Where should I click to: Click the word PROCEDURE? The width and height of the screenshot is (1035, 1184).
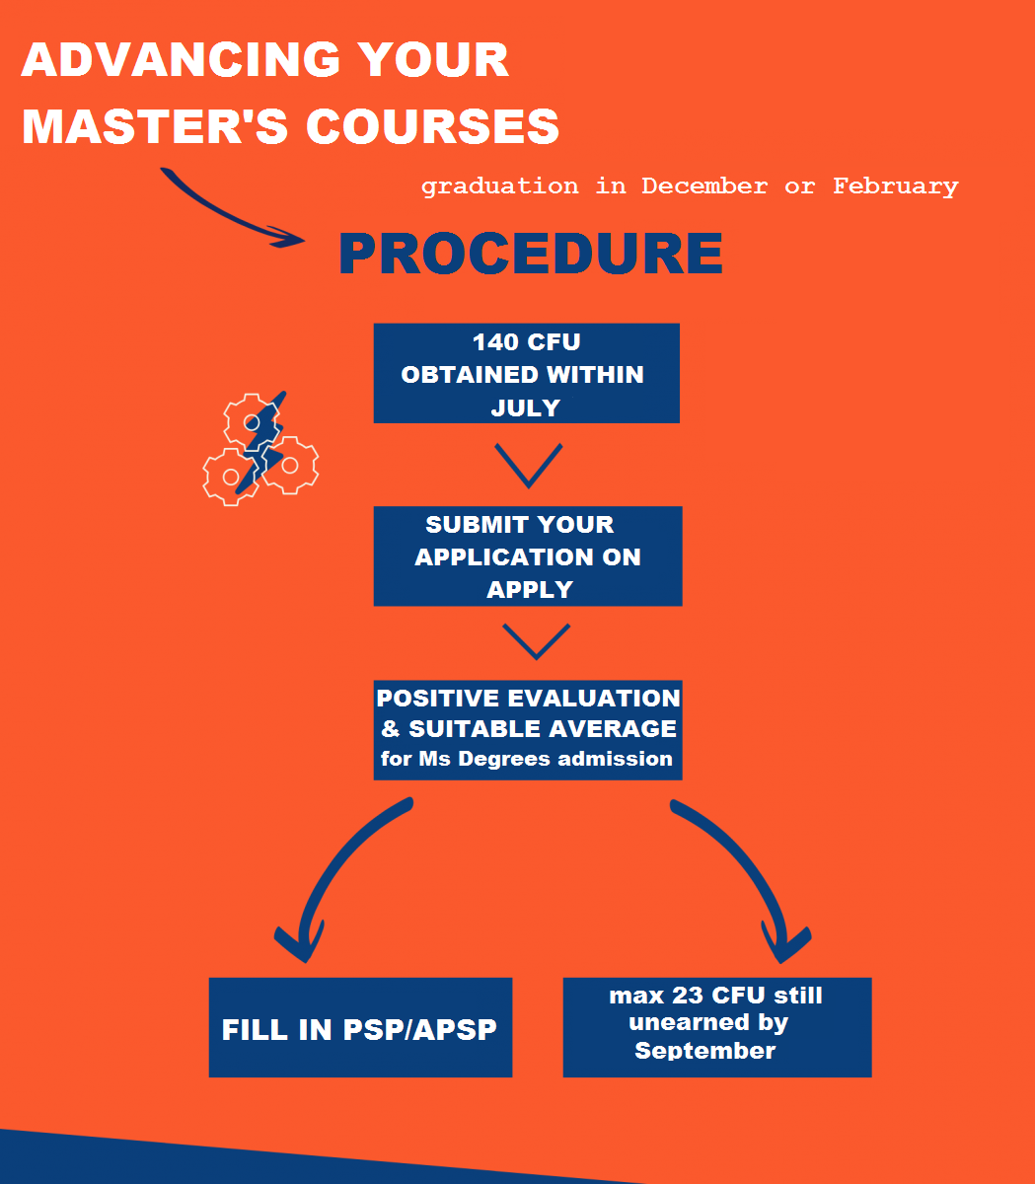coord(530,254)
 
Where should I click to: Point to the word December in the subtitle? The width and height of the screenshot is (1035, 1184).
coord(703,186)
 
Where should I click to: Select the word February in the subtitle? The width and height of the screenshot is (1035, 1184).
coord(895,186)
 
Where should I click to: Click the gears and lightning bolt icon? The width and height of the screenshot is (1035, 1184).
coord(259,448)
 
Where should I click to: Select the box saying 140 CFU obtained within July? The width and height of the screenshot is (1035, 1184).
coord(526,373)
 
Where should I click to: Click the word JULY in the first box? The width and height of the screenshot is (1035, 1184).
coord(526,407)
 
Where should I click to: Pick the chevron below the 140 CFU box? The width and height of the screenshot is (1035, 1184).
coord(528,465)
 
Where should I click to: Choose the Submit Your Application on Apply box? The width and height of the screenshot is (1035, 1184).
coord(527,556)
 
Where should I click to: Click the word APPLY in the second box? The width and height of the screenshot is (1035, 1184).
coord(529,590)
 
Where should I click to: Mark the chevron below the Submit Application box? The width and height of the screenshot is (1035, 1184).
coord(536,641)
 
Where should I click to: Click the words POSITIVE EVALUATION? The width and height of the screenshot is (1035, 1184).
coord(528,699)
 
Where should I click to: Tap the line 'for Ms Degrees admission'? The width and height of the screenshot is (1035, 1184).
coord(527,759)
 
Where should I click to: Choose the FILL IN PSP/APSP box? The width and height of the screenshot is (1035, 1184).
coord(360,1028)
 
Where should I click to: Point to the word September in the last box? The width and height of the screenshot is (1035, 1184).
coord(704,1051)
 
